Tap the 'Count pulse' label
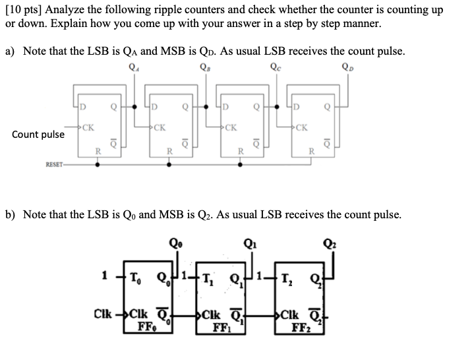pos(38,135)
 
